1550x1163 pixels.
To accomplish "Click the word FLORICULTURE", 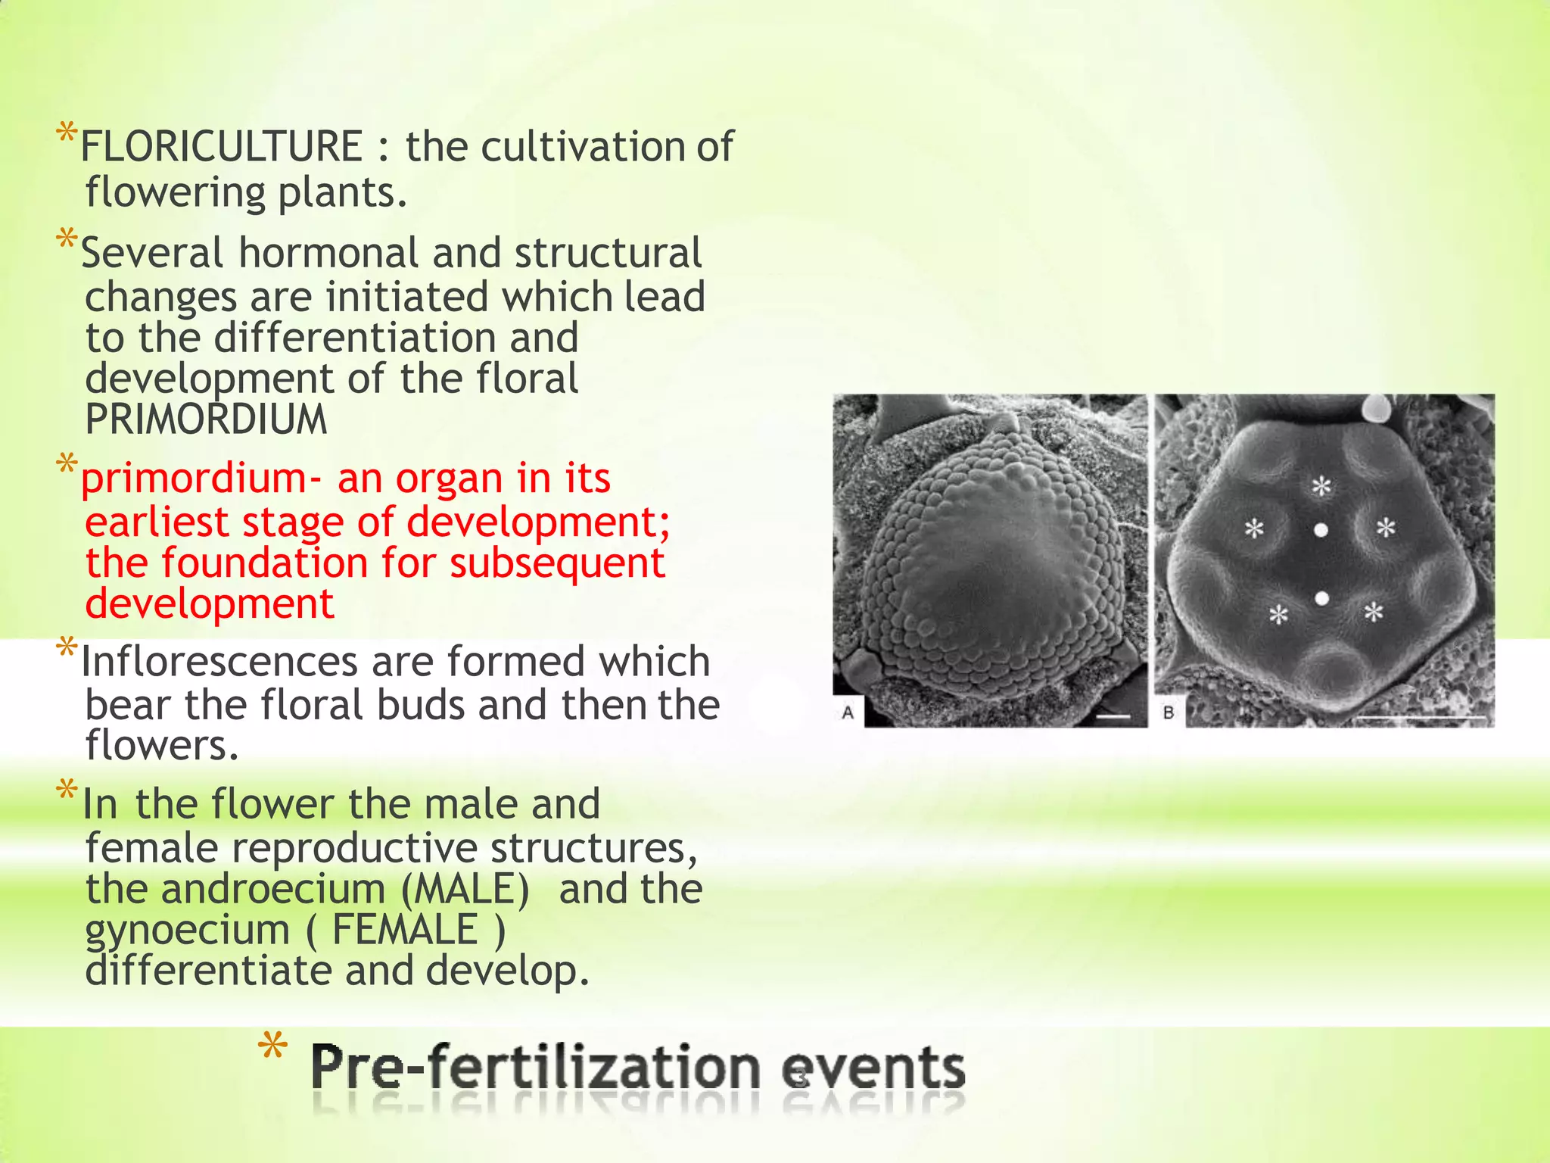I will click(x=222, y=147).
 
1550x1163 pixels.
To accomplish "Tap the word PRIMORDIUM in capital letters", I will click(x=206, y=419).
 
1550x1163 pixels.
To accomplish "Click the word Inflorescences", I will click(x=219, y=663).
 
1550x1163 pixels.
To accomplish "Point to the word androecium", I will click(x=273, y=889).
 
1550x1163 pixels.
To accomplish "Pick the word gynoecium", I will click(x=188, y=931).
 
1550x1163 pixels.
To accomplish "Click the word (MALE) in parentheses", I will click(x=465, y=889).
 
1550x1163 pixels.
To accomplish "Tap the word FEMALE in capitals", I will click(x=406, y=930).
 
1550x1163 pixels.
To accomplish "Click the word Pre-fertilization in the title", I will click(x=534, y=1068).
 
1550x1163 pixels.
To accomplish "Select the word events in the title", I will click(x=873, y=1068).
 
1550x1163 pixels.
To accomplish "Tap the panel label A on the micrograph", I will click(x=848, y=712).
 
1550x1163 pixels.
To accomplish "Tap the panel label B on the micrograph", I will click(x=1169, y=712).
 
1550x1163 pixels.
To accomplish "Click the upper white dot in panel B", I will click(x=1321, y=531).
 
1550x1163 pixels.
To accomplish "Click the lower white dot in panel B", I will click(x=1321, y=599).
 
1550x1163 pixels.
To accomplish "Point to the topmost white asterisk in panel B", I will click(x=1321, y=486).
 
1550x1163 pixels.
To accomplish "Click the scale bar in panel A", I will click(x=1113, y=716).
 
